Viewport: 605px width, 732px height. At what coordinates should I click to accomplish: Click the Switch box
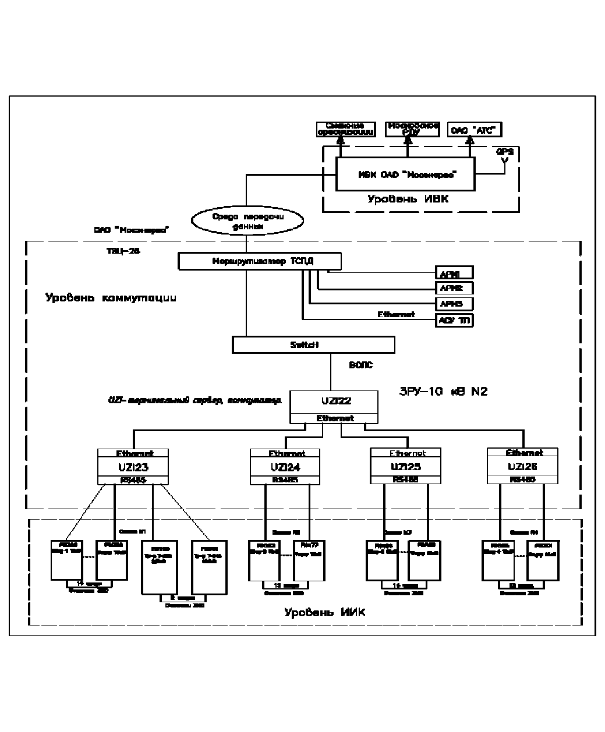click(313, 344)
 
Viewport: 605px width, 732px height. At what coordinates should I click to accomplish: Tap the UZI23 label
click(133, 467)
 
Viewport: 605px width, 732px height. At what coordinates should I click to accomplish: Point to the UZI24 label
click(285, 467)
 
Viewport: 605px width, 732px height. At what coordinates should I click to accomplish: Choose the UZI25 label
click(406, 467)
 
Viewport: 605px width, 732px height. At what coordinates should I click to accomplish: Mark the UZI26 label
click(522, 467)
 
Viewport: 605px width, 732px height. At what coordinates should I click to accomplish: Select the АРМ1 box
click(454, 272)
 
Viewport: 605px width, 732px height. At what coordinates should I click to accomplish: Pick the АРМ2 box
click(454, 288)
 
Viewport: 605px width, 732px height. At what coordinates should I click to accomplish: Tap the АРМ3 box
click(454, 304)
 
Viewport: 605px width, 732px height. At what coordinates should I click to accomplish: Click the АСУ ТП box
click(454, 320)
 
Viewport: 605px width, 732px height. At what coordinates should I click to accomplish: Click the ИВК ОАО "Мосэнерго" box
click(405, 174)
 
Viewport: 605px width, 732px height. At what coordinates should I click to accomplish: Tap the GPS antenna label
click(504, 151)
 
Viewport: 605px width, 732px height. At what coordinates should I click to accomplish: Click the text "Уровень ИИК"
click(324, 612)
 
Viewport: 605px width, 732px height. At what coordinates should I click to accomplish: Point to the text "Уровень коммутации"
click(111, 298)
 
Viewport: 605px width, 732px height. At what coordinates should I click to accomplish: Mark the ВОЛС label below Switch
click(360, 365)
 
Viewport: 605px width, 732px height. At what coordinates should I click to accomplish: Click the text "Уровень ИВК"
click(408, 200)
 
